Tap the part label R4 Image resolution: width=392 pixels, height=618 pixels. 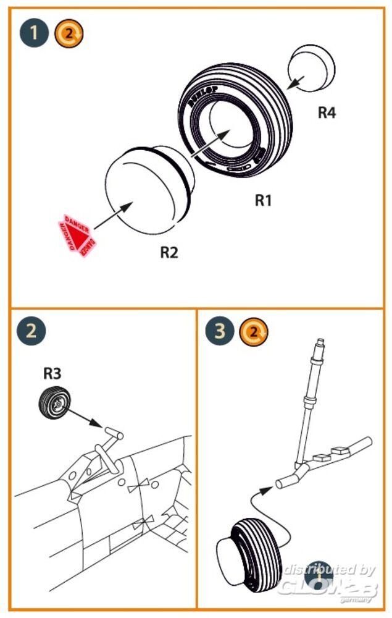[x=327, y=113]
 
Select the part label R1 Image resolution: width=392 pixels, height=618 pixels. [x=264, y=201]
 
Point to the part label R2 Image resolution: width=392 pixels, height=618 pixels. [x=169, y=252]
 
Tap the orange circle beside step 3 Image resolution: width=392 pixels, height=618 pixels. [x=254, y=332]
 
